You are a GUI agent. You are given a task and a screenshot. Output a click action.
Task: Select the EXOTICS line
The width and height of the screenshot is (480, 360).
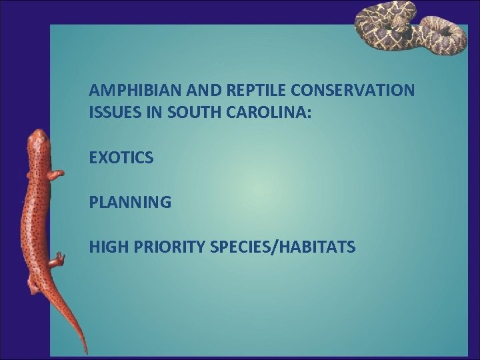121,158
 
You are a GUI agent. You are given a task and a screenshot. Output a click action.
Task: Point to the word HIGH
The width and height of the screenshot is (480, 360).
106,248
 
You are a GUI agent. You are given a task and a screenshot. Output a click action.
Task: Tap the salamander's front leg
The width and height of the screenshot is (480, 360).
56,175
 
